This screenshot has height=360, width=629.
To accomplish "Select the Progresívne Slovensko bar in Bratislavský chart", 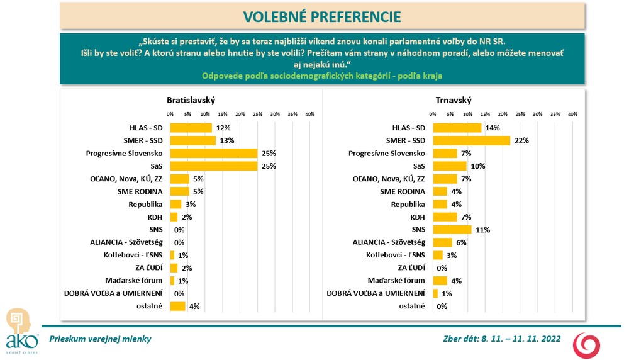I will pos(214,153).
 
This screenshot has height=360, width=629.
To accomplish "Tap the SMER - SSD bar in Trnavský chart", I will pos(471,140).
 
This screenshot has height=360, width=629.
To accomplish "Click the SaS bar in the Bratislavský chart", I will pos(214,166).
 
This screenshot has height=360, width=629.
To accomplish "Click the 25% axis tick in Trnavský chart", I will pos(520,114).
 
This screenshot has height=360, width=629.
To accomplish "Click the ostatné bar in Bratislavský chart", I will pos(177,307).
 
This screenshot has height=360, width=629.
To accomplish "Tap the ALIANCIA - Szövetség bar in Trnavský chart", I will pos(443,242).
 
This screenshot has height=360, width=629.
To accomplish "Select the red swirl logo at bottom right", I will pos(586,346).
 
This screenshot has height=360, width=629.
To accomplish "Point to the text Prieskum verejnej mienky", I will pos(101,339).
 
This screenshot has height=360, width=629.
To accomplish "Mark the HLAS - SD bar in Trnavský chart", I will pos(457,128).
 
